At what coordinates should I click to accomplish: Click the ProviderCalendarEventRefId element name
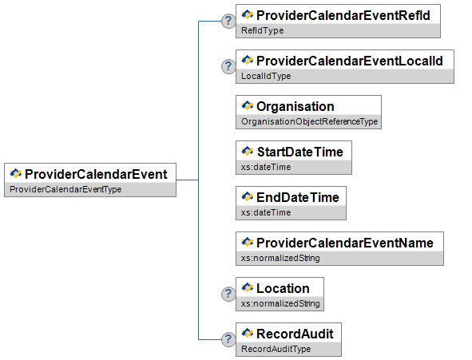pyautogui.click(x=343, y=16)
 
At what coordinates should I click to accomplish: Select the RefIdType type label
pyautogui.click(x=262, y=30)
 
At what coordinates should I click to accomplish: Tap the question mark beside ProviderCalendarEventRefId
pyautogui.click(x=228, y=21)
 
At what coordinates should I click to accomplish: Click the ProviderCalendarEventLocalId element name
pyautogui.click(x=350, y=61)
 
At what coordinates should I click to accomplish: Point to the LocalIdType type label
pyautogui.click(x=266, y=76)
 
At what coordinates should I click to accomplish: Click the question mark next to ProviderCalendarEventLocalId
pyautogui.click(x=228, y=66)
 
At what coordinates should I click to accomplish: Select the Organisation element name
pyautogui.click(x=295, y=106)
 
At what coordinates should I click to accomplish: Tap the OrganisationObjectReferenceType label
pyautogui.click(x=309, y=121)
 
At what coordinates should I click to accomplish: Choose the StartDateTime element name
pyautogui.click(x=299, y=152)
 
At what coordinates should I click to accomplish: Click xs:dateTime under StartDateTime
pyautogui.click(x=266, y=167)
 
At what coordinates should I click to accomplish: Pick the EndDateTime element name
pyautogui.click(x=298, y=198)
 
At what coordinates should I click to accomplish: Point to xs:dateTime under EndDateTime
pyautogui.click(x=266, y=212)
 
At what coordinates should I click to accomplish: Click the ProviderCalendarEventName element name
pyautogui.click(x=345, y=243)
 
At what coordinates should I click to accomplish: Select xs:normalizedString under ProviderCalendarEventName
pyautogui.click(x=280, y=258)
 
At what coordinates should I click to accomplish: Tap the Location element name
pyautogui.click(x=283, y=288)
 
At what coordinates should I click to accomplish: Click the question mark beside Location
pyautogui.click(x=228, y=294)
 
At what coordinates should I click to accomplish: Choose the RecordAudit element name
pyautogui.click(x=295, y=334)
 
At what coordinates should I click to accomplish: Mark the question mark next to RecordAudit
pyautogui.click(x=228, y=339)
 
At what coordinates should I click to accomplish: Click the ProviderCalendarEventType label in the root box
pyautogui.click(x=65, y=189)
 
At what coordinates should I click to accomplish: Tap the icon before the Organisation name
pyautogui.click(x=248, y=105)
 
